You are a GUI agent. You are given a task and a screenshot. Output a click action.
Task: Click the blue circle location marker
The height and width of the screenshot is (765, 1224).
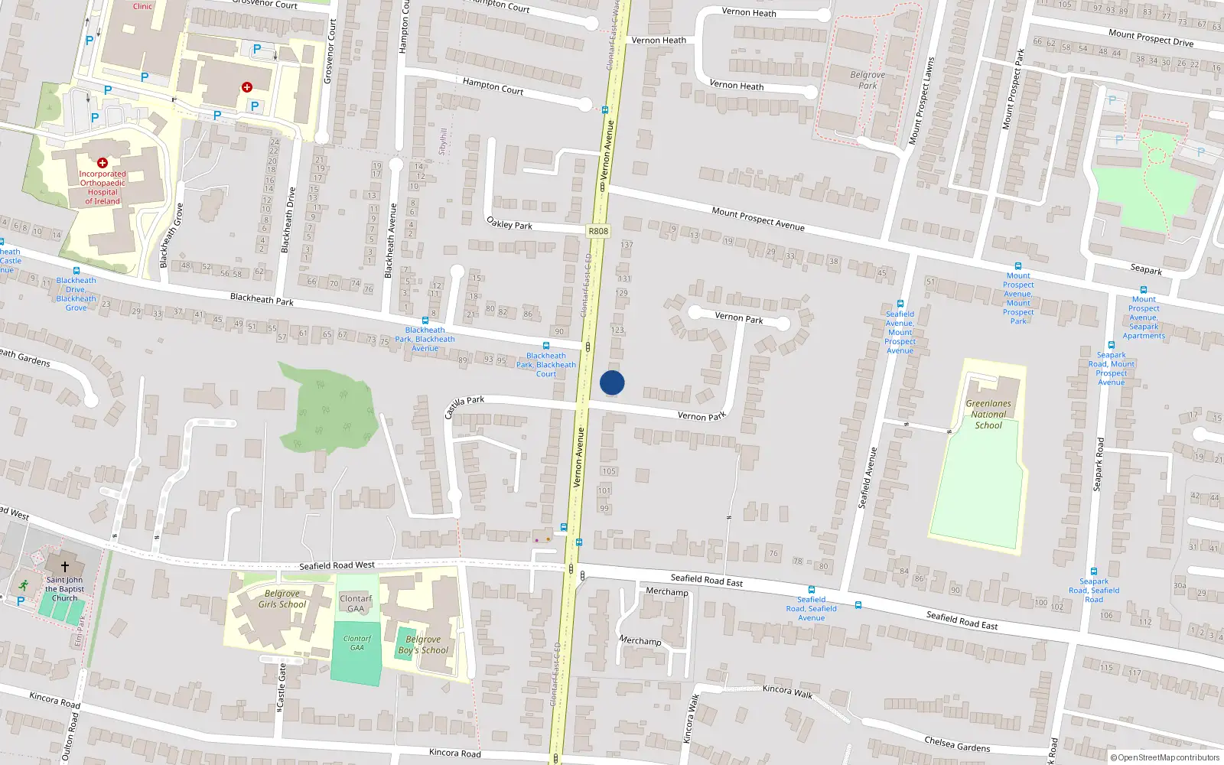612,382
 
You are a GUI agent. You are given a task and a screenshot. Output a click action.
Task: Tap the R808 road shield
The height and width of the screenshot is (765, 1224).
598,231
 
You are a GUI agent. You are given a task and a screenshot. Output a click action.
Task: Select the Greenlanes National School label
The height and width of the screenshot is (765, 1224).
988,414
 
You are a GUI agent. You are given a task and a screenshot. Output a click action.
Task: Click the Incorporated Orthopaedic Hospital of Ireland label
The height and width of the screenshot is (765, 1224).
103,187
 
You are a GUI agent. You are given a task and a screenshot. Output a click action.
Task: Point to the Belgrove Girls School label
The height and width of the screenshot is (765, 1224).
282,599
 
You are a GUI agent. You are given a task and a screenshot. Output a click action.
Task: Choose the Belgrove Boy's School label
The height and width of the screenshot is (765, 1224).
423,645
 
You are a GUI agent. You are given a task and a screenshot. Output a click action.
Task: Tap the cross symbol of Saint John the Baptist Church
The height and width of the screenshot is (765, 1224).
65,567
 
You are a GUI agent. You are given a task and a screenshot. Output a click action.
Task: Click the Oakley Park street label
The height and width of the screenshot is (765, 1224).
509,223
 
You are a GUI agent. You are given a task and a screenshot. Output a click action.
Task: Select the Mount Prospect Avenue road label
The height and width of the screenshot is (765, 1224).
757,219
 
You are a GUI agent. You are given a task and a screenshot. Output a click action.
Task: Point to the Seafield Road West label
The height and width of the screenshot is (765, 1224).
337,566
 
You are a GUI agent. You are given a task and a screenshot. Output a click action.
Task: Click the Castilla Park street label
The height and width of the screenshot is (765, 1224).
464,406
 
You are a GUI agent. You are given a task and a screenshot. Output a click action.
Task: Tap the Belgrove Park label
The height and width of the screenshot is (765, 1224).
868,80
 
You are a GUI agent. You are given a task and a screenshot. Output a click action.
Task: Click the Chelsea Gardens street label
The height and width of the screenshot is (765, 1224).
957,744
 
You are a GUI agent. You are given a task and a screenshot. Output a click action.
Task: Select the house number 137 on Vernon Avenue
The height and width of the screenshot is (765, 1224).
627,246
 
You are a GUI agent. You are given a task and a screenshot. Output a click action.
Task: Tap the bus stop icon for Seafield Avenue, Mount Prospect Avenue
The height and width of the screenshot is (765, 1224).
900,304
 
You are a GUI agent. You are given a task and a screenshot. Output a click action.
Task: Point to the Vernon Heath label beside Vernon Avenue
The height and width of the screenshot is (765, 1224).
659,41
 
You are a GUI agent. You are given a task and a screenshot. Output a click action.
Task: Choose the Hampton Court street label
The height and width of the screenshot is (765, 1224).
493,86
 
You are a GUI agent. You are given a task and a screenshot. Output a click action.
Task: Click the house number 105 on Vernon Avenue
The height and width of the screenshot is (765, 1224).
609,471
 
